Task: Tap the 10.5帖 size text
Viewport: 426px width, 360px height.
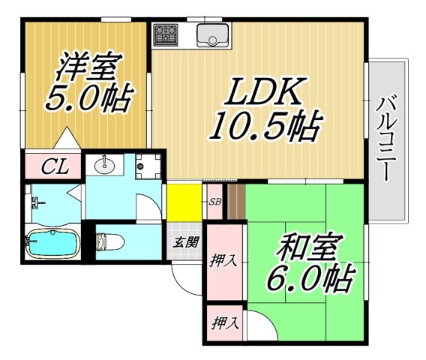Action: [x=263, y=127]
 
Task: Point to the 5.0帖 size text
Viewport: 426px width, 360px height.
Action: [x=84, y=98]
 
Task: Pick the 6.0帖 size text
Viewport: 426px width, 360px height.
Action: [x=309, y=279]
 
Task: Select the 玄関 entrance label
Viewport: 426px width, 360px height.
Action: [x=187, y=241]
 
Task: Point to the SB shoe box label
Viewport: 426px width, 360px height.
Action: [x=214, y=202]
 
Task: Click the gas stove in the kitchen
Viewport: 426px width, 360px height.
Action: [x=166, y=34]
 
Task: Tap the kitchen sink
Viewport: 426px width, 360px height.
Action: [x=213, y=34]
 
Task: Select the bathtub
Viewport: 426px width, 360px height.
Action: [x=54, y=244]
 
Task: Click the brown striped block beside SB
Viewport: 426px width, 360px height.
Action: [x=235, y=202]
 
